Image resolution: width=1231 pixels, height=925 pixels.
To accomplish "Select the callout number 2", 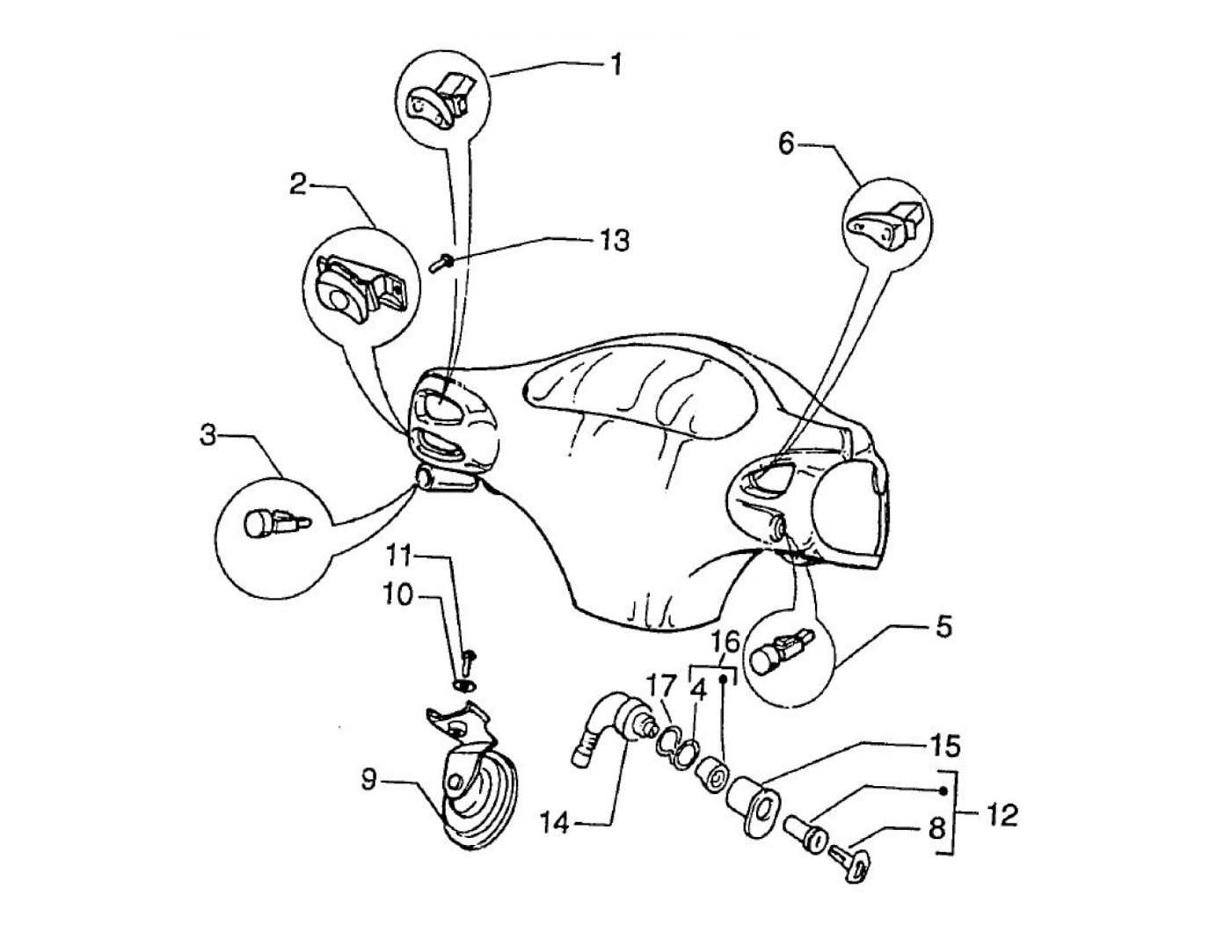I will click(x=299, y=185).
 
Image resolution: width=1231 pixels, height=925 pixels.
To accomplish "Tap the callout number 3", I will click(x=208, y=436).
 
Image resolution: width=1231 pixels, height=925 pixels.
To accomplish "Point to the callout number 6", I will click(x=786, y=143).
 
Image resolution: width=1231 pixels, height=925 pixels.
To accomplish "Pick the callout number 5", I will click(x=943, y=628).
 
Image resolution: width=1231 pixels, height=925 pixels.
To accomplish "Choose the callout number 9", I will click(x=370, y=779).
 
